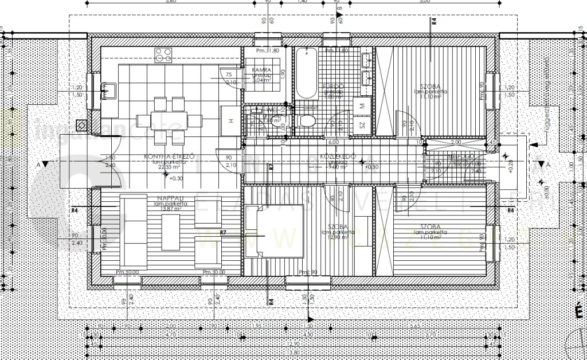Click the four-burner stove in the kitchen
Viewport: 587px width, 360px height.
coord(163,55)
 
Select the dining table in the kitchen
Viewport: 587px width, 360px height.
coord(170,120)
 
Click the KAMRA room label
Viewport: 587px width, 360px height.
coord(262,70)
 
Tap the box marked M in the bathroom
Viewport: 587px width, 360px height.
coord(363,104)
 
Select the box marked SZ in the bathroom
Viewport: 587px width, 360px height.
coord(362,124)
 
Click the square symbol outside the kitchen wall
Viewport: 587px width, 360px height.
coord(83,124)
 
